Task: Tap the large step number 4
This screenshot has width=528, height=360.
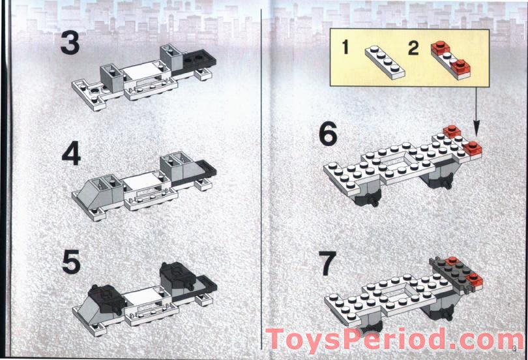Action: [70, 154]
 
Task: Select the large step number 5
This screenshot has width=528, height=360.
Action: [70, 262]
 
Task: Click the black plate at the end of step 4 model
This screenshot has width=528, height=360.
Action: [207, 172]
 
